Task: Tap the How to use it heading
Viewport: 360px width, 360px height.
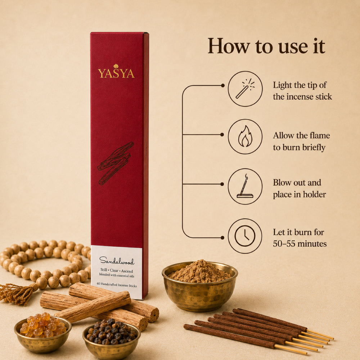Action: (x=266, y=46)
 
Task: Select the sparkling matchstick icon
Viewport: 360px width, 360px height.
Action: (x=245, y=89)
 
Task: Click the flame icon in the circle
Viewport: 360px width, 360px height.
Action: (x=245, y=136)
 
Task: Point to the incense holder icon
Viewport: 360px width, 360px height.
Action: (x=245, y=186)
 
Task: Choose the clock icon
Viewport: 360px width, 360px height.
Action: (x=245, y=236)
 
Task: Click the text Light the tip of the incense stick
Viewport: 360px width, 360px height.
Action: (x=302, y=91)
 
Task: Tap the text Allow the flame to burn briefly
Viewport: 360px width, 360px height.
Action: (x=301, y=141)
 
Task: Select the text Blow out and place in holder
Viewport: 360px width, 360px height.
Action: (x=300, y=188)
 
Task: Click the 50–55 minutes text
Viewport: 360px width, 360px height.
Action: (x=300, y=244)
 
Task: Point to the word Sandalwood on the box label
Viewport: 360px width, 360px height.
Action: (x=117, y=261)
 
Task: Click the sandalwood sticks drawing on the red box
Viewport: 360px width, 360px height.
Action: (x=116, y=163)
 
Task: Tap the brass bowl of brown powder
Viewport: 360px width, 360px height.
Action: (x=200, y=285)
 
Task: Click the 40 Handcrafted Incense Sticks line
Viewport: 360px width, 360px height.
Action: (x=117, y=285)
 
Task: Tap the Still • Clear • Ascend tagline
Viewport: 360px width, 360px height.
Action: (x=117, y=270)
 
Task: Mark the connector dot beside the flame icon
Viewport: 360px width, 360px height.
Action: (x=222, y=135)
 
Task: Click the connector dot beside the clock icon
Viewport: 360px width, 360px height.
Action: (x=222, y=238)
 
